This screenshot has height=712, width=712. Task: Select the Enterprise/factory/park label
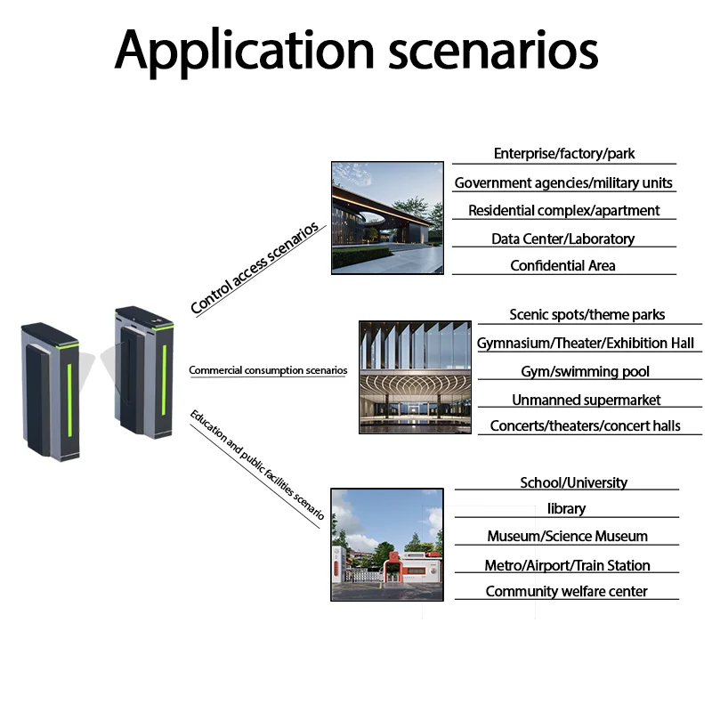click(564, 154)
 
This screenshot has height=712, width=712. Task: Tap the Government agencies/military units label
click(563, 183)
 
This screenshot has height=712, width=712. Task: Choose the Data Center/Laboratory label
click(562, 239)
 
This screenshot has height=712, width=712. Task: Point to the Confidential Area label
click(562, 265)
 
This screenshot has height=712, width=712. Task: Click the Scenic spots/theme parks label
click(587, 314)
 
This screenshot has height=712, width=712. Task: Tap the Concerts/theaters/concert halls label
click(585, 425)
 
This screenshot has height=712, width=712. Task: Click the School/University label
click(573, 482)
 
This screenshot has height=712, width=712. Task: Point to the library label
click(566, 509)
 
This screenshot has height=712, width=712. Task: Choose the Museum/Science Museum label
click(567, 537)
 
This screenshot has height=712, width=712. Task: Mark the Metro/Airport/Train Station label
click(567, 565)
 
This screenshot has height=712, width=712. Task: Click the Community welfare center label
click(566, 592)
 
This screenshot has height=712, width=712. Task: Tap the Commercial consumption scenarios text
click(268, 370)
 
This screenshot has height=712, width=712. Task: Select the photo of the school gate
click(386, 544)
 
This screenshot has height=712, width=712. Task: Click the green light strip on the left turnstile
click(70, 392)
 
